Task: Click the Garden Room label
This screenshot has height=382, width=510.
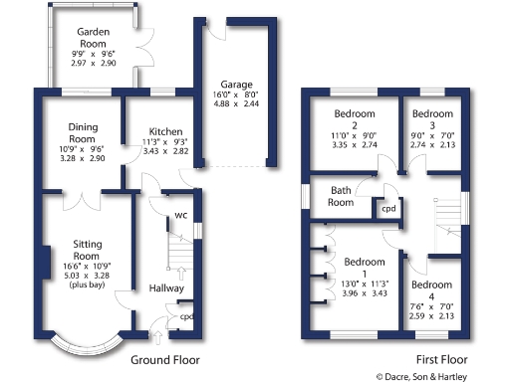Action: (94, 38)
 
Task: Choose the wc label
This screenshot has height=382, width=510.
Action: (181, 215)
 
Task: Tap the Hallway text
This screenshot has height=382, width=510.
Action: (167, 288)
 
